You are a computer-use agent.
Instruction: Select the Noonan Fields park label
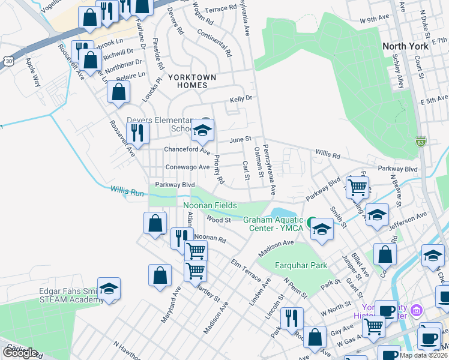click(x=209, y=206)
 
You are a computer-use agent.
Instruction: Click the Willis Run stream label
click(x=127, y=191)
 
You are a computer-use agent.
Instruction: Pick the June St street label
click(x=240, y=139)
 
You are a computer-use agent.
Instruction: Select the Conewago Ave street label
click(x=187, y=167)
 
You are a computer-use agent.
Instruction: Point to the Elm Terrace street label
click(x=246, y=271)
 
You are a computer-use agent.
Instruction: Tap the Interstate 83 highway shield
click(x=421, y=142)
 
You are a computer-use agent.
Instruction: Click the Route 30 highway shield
click(x=7, y=61)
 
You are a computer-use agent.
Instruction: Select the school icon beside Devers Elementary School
click(x=203, y=130)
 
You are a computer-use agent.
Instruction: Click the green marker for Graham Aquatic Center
click(x=312, y=223)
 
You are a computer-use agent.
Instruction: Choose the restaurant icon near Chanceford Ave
click(x=138, y=133)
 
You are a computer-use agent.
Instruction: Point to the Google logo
click(x=20, y=353)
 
